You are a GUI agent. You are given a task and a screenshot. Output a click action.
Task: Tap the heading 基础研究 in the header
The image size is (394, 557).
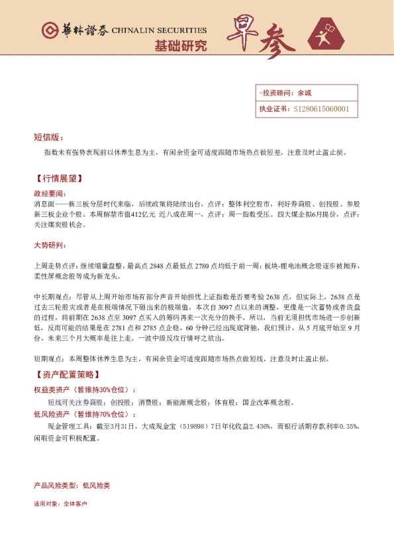pos(180,46)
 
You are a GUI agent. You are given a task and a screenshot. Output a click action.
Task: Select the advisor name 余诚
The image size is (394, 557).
pos(305,93)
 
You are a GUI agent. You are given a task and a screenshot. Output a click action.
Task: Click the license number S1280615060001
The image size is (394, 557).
pos(321,109)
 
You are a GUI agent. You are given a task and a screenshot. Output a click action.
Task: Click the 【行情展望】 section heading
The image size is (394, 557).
pos(58,179)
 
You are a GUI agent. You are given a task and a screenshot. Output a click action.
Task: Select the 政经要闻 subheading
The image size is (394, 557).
pos(50,193)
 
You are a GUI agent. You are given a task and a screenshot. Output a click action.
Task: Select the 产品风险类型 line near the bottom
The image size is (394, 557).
pos(72,486)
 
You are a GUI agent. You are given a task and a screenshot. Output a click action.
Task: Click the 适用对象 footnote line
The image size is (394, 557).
pos(60,503)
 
